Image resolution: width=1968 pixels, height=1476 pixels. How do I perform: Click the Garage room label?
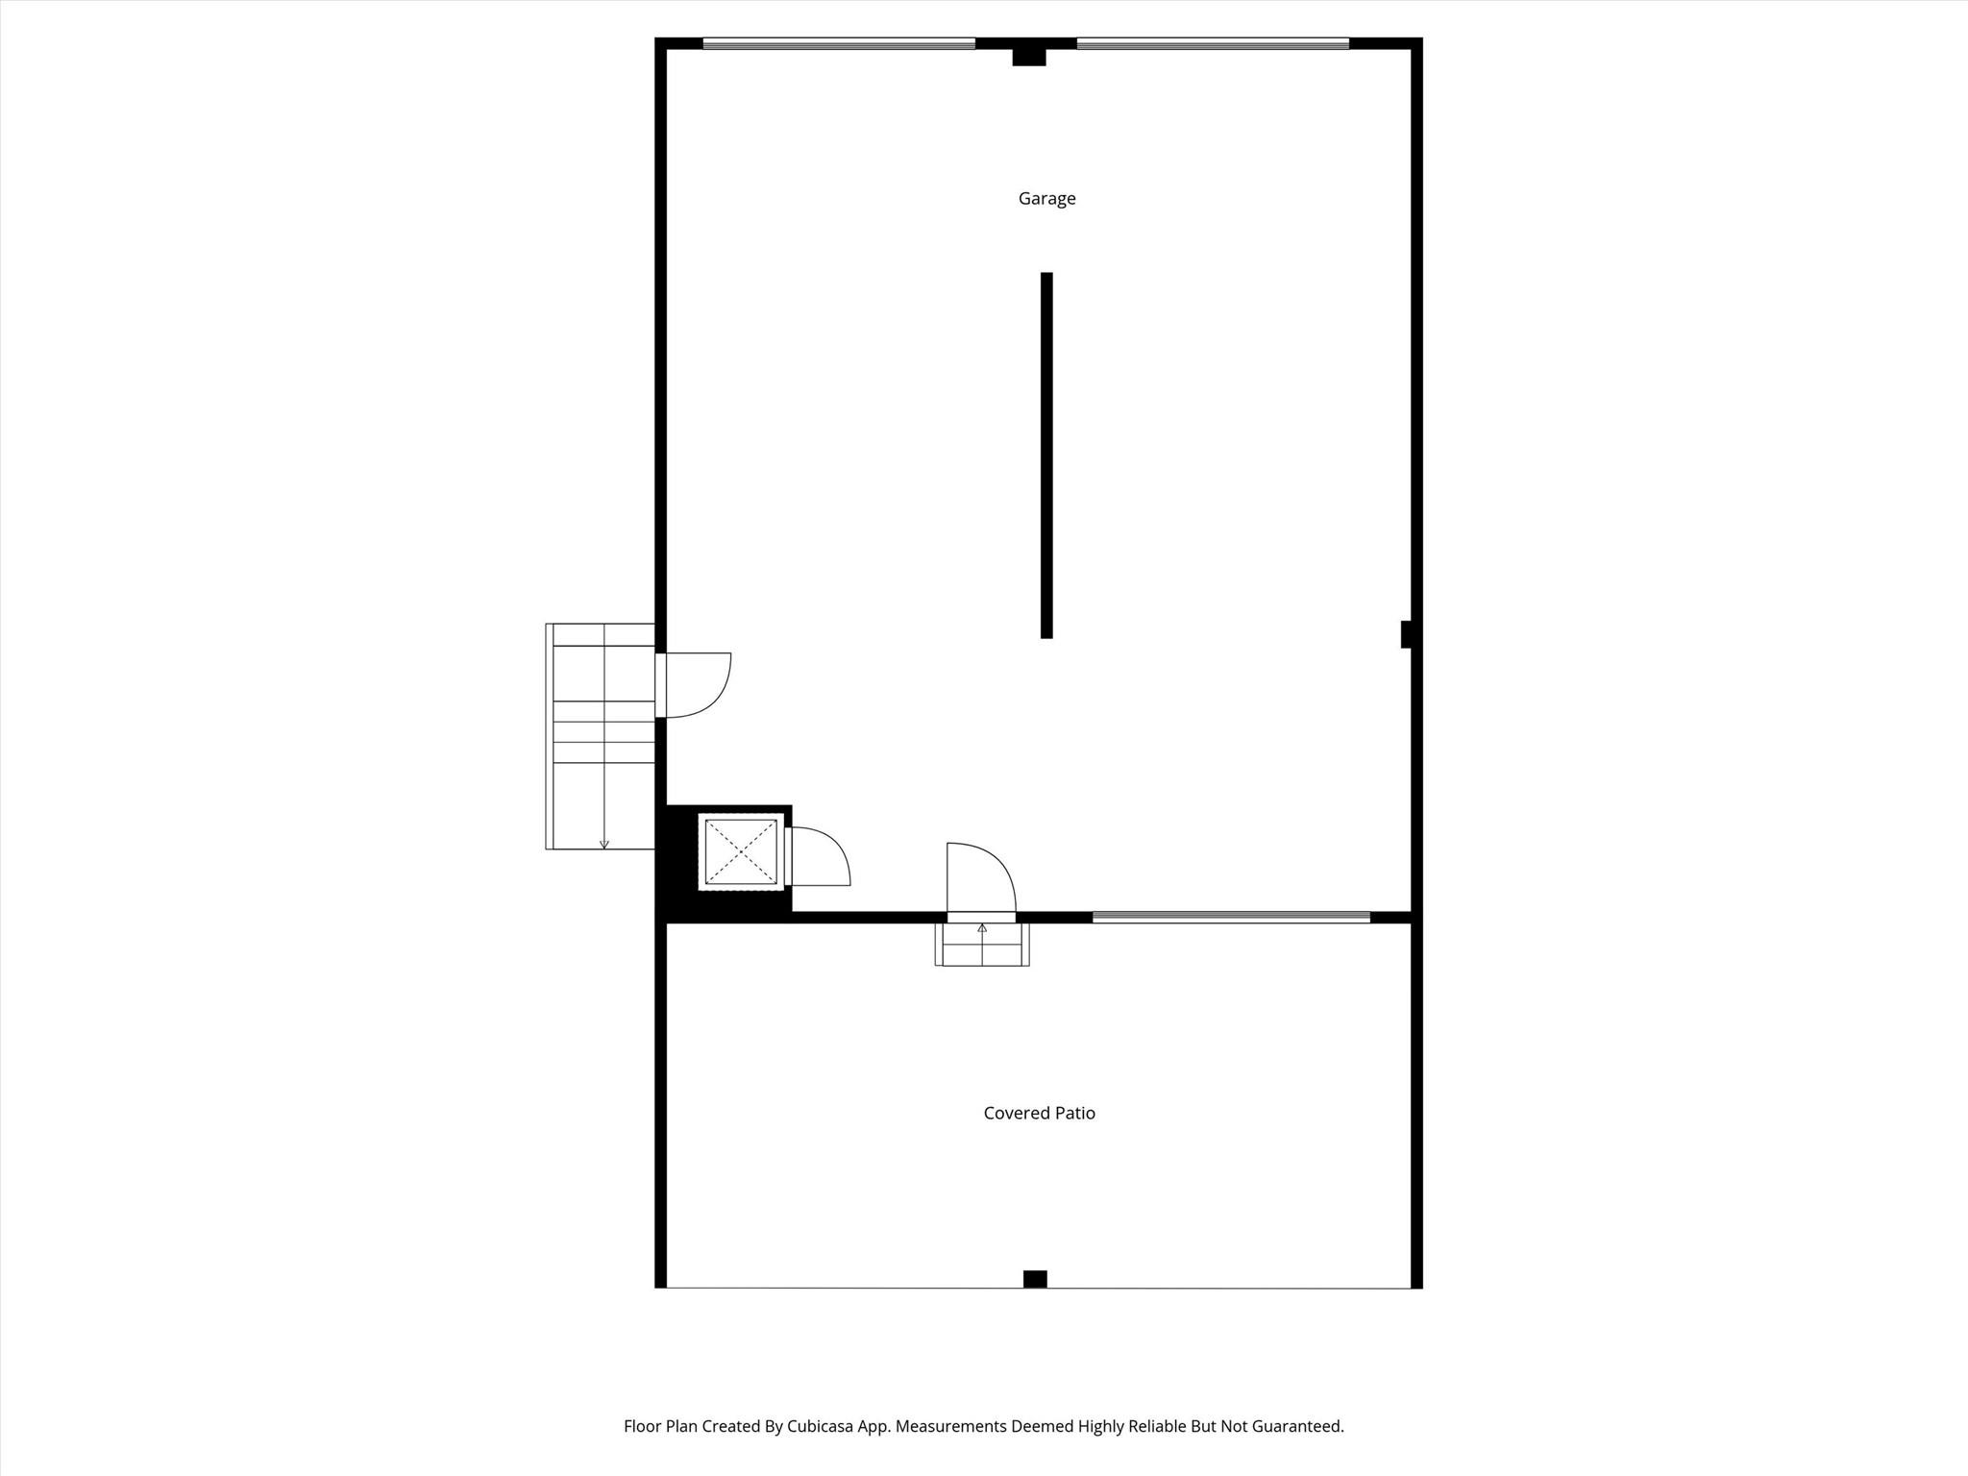click(1046, 199)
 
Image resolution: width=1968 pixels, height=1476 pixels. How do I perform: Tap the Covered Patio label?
click(1039, 1113)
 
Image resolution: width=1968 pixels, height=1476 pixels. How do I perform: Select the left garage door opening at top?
click(839, 43)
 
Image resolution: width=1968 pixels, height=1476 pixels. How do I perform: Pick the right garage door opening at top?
click(1213, 43)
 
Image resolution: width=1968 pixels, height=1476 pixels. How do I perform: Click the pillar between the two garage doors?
click(1028, 57)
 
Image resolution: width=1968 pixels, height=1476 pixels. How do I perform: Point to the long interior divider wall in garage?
click(1046, 455)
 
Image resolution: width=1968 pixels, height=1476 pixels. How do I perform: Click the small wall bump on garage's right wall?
click(1406, 634)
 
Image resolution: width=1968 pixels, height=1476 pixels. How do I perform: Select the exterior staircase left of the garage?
click(601, 736)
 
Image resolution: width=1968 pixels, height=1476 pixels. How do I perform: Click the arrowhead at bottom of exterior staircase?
click(603, 845)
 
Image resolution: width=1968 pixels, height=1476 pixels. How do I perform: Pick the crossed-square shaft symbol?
click(740, 851)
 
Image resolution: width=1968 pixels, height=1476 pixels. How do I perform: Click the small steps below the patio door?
click(982, 944)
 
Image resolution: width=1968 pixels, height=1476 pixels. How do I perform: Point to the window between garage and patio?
click(1231, 918)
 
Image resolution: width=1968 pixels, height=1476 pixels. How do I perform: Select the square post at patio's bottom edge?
click(1035, 1279)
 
